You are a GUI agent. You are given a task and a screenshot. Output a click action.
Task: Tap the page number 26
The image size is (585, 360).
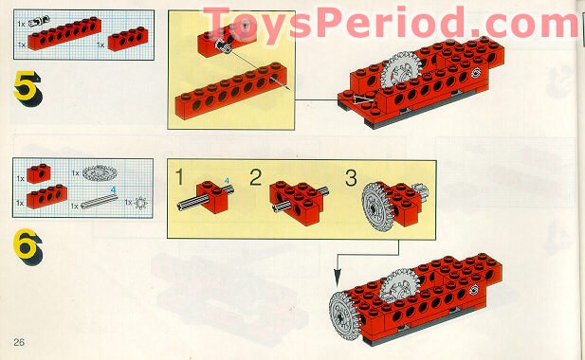[19, 342]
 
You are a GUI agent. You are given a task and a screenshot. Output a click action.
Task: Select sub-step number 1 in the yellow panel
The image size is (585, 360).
[180, 177]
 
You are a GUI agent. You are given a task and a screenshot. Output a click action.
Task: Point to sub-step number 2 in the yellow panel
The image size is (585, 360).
[256, 178]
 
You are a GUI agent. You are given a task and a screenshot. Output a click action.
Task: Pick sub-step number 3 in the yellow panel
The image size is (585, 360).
[351, 178]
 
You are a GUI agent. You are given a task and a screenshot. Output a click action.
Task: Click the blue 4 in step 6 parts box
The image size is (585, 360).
[113, 189]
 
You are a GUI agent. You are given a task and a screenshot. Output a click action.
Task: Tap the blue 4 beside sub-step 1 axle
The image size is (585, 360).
[227, 181]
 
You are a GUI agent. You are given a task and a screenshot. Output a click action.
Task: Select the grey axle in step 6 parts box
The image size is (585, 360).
[99, 201]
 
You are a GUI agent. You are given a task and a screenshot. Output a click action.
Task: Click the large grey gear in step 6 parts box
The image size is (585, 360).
[100, 173]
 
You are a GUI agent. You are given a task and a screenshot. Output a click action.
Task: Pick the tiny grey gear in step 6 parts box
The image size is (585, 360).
[140, 203]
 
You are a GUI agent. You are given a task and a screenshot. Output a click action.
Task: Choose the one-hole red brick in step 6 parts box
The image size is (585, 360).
[39, 173]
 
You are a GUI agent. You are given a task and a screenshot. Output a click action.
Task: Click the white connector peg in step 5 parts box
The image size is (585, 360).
[38, 21]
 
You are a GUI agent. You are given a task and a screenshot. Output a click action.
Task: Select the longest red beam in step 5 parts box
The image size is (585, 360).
[64, 33]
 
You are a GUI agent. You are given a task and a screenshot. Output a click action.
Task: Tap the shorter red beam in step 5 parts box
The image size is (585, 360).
[128, 39]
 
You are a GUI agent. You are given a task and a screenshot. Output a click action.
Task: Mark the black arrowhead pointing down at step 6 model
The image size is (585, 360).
[338, 278]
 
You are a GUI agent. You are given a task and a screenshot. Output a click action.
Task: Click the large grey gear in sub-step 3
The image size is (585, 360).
[375, 207]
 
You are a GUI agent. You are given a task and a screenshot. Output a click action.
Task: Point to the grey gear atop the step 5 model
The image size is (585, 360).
[401, 70]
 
